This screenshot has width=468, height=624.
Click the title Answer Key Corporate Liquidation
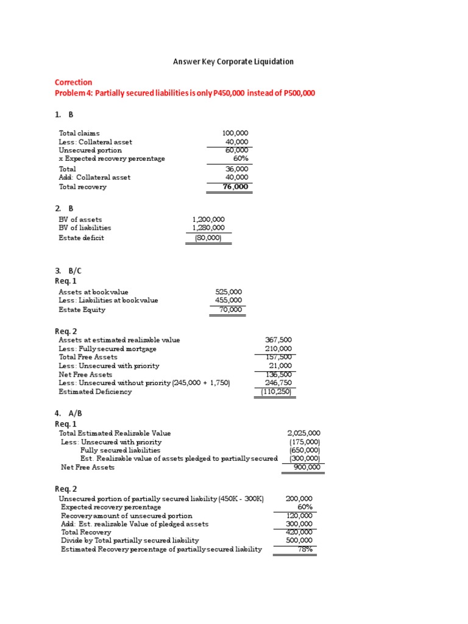click(x=234, y=62)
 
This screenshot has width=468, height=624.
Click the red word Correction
click(x=73, y=82)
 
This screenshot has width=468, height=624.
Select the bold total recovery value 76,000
click(x=236, y=186)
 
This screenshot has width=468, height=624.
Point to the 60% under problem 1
click(x=240, y=158)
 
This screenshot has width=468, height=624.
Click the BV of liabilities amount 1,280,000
click(x=208, y=228)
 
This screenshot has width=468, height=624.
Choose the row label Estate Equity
click(x=82, y=310)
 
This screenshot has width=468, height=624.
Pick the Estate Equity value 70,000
click(x=230, y=310)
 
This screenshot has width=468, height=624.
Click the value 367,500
click(x=279, y=340)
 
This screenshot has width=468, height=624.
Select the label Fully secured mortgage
click(x=107, y=349)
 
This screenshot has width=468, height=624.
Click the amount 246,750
click(x=279, y=383)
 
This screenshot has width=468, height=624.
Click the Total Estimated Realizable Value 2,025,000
click(x=303, y=433)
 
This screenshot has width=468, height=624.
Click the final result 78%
click(x=305, y=549)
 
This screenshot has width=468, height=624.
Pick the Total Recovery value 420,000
click(x=299, y=532)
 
